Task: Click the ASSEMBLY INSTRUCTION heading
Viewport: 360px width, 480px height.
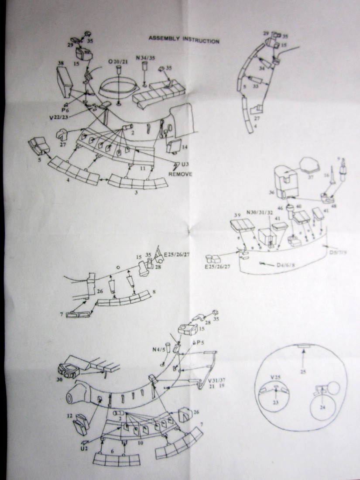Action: [x=184, y=39]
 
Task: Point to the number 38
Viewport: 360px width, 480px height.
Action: [x=61, y=63]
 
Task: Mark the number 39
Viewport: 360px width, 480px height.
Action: [x=237, y=215]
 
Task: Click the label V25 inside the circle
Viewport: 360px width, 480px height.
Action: [x=275, y=376]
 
